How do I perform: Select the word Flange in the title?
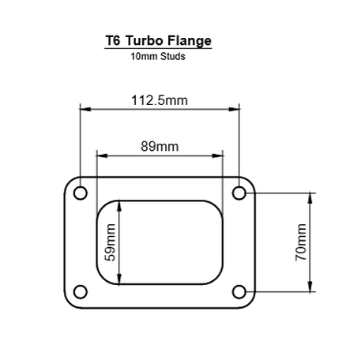(190, 40)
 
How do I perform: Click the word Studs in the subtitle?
(172, 57)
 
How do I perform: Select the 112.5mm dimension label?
(160, 99)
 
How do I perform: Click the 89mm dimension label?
(160, 147)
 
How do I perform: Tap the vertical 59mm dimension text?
(110, 242)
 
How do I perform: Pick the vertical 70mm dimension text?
(300, 242)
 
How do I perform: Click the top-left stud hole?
(80, 192)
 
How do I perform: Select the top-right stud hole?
(239, 192)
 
